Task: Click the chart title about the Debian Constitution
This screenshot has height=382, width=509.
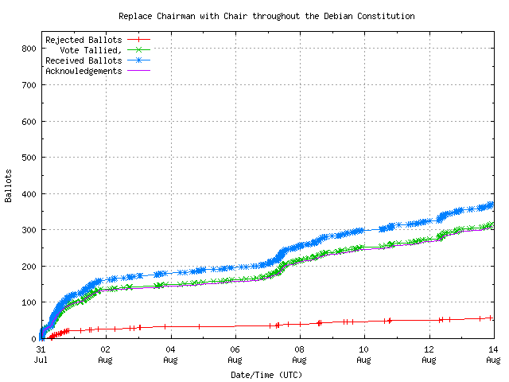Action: [266, 16]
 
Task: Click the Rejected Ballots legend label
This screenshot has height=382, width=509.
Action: [84, 40]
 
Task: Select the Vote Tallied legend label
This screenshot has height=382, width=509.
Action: [91, 50]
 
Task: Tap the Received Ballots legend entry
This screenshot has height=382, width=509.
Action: [84, 60]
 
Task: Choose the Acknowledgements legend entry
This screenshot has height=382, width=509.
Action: [84, 71]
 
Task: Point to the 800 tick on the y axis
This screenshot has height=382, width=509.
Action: [28, 49]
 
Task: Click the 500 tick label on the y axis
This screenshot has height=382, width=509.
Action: [28, 158]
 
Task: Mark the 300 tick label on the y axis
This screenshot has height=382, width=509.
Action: [28, 230]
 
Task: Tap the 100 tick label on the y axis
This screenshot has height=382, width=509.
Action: [28, 302]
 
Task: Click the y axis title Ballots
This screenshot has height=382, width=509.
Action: [9, 185]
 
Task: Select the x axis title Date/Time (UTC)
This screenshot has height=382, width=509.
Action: [266, 374]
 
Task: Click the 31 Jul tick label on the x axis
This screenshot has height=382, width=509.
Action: [41, 354]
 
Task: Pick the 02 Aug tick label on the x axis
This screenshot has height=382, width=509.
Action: [105, 354]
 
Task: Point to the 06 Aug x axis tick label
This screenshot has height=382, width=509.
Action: [235, 354]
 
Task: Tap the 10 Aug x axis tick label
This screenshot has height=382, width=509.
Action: [363, 354]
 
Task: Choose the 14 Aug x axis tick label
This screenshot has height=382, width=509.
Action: [492, 354]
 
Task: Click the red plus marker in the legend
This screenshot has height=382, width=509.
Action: [138, 40]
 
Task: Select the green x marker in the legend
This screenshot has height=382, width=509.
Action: [138, 50]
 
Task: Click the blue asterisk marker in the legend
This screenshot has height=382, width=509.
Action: [138, 60]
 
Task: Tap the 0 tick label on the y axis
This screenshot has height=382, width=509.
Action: [33, 339]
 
